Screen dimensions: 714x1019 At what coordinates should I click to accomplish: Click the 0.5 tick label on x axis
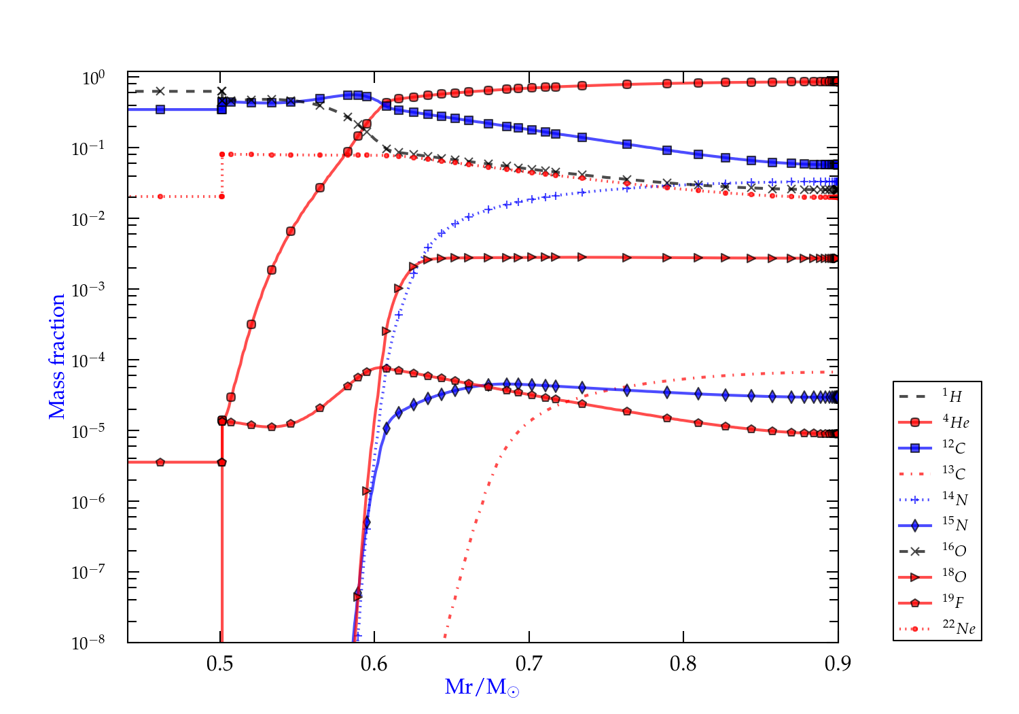click(x=220, y=664)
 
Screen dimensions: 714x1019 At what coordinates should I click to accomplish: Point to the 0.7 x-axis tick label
click(x=529, y=664)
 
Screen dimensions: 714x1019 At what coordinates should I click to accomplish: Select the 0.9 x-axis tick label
click(x=838, y=664)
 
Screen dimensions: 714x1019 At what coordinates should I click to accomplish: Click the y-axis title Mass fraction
click(x=57, y=357)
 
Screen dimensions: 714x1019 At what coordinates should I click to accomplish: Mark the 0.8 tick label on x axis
click(x=683, y=664)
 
